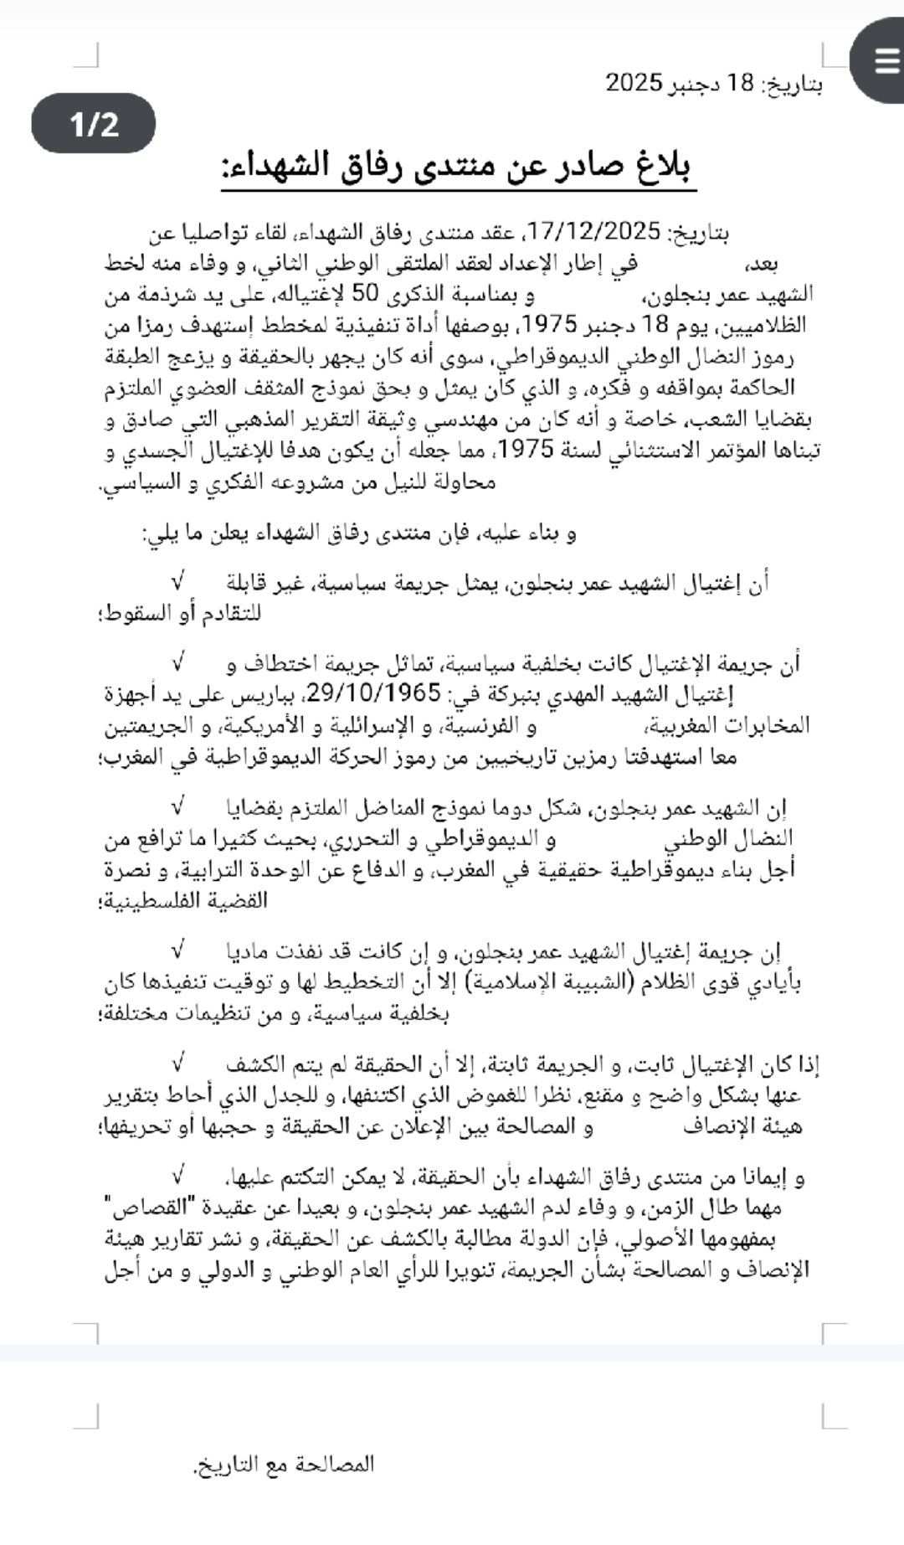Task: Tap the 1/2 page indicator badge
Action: click(94, 124)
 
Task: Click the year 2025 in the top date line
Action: click(634, 83)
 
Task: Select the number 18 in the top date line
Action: click(742, 83)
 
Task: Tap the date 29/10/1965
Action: click(374, 693)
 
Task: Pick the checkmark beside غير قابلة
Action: click(178, 580)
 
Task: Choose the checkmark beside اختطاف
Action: click(178, 662)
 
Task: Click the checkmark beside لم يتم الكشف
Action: click(178, 1063)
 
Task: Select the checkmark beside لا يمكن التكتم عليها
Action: click(178, 1176)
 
